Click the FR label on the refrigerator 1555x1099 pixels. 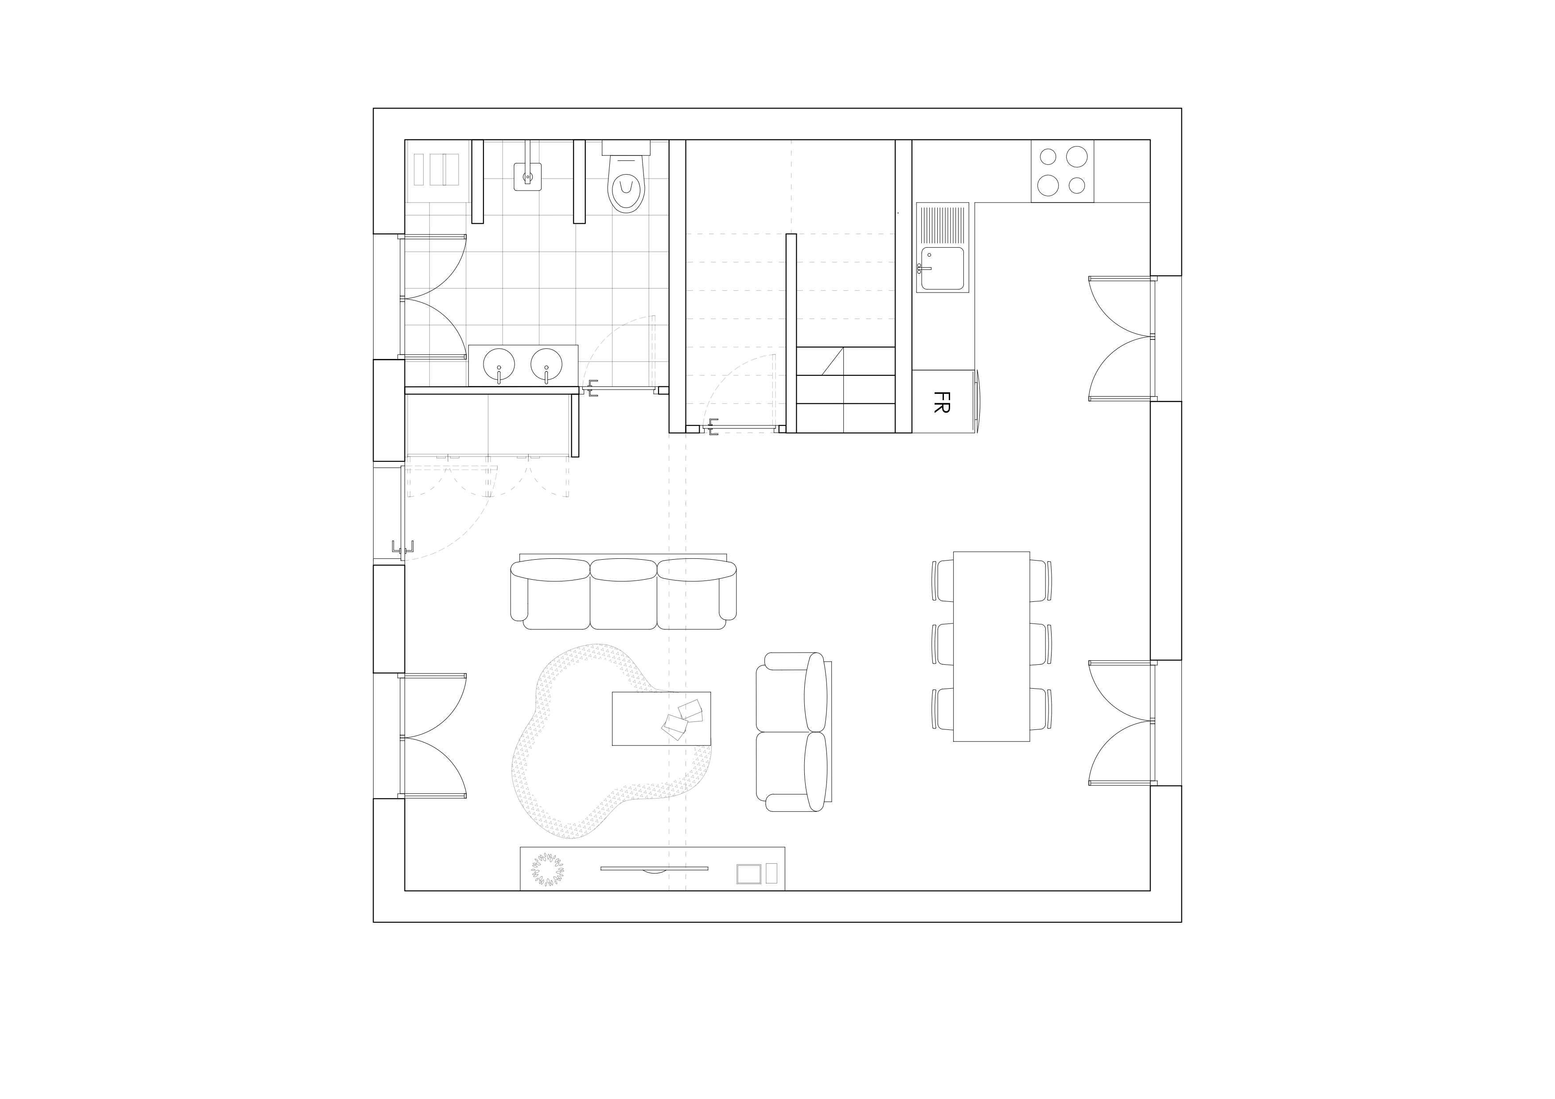941,401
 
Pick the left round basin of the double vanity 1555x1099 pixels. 499,364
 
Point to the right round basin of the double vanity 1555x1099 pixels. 546,364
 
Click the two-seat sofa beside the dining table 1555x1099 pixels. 791,732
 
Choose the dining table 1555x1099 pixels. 991,647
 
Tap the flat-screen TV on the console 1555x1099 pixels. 654,868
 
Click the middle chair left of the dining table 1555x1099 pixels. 942,644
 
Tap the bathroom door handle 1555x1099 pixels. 592,389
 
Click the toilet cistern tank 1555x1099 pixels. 626,147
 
